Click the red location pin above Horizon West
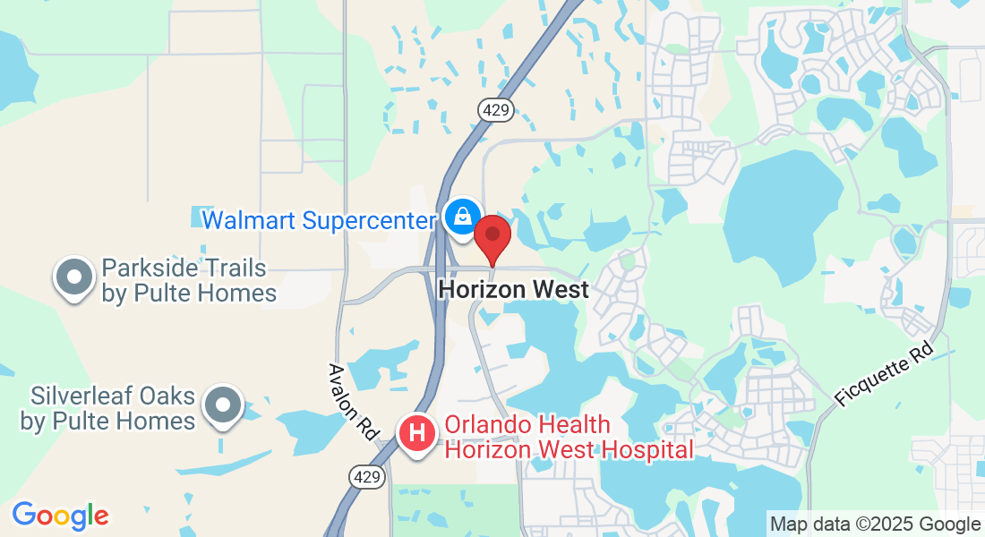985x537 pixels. (492, 235)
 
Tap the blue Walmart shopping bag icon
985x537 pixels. (462, 217)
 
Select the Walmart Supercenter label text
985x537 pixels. (318, 220)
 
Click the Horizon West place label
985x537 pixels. (514, 290)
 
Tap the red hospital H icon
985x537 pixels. (416, 434)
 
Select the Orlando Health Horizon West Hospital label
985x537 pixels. (569, 437)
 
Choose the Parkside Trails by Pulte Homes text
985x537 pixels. (188, 280)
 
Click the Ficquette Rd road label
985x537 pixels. (885, 374)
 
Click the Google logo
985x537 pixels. (60, 516)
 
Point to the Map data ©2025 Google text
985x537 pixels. (875, 524)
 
